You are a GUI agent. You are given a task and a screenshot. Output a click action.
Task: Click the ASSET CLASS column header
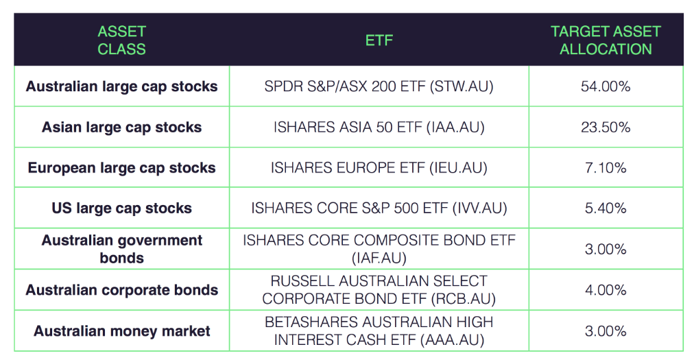click(x=121, y=40)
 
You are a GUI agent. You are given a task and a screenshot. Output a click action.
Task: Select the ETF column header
click(x=379, y=40)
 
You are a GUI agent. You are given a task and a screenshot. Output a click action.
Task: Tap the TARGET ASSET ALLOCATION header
click(x=606, y=40)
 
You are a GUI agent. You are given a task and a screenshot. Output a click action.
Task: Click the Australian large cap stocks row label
click(x=121, y=86)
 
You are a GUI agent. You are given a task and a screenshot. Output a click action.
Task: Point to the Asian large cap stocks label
click(x=121, y=128)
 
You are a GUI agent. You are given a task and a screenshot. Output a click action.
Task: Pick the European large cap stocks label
click(x=121, y=168)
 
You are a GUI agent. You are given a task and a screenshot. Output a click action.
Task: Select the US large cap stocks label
click(x=121, y=208)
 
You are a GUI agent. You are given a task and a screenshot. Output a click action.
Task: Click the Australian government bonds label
click(x=121, y=249)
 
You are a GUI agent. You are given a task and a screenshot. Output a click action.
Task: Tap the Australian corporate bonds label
click(x=121, y=290)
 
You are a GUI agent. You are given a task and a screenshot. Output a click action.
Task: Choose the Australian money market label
click(x=121, y=331)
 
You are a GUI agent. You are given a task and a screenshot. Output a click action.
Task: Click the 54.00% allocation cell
click(x=606, y=86)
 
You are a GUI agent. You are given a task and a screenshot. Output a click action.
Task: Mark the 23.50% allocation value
click(x=606, y=128)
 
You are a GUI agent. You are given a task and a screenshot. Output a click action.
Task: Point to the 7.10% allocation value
click(x=606, y=168)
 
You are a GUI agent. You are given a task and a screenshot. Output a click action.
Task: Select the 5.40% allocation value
click(x=606, y=208)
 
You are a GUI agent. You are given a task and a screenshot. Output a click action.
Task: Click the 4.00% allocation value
click(x=606, y=290)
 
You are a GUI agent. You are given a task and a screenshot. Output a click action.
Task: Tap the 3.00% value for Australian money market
click(x=606, y=331)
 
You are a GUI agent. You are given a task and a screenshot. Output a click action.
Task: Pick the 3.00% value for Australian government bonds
click(x=606, y=250)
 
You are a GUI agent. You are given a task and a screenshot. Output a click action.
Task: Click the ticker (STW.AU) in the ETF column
click(x=462, y=86)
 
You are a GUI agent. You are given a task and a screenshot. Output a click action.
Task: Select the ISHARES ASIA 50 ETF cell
click(x=379, y=128)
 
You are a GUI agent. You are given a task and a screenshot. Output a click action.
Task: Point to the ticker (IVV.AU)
click(x=480, y=208)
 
